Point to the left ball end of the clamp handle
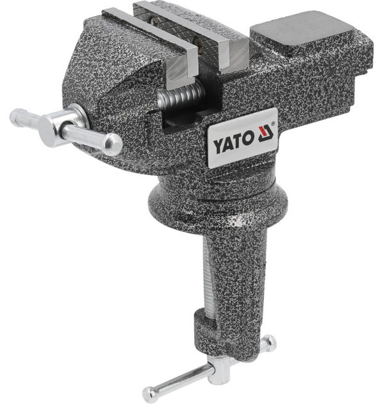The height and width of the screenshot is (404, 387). [149, 392]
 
